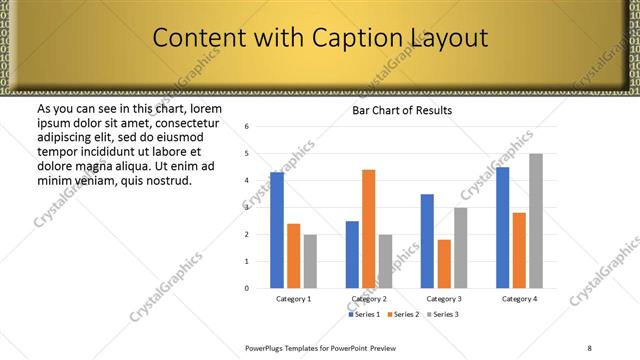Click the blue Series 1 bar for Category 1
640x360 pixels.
point(277,230)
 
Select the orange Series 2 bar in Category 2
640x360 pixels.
point(369,229)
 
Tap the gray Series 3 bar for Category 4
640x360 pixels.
point(536,221)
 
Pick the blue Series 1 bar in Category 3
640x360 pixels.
point(427,241)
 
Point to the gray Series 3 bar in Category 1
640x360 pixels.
point(310,261)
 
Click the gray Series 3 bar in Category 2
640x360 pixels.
point(386,261)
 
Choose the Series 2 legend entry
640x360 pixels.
point(403,314)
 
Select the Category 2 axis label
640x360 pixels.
point(369,299)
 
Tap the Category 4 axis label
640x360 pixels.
point(519,299)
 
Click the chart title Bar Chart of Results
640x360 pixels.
point(402,110)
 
